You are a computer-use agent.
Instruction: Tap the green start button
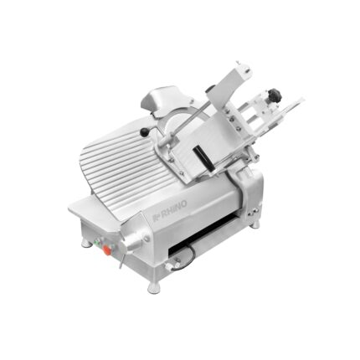[97, 243]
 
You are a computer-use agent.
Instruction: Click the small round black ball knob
[144, 132]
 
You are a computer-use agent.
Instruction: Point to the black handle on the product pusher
[204, 157]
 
